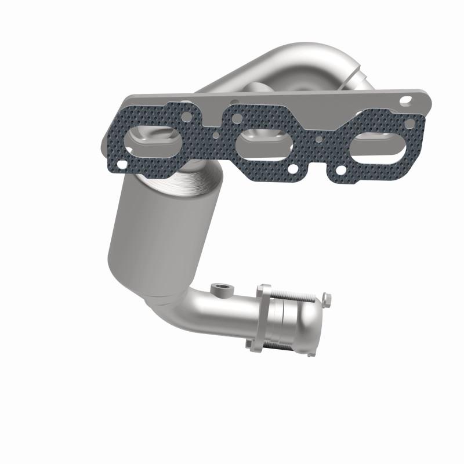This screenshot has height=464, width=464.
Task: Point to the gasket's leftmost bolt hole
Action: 121,165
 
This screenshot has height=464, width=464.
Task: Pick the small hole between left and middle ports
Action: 216,138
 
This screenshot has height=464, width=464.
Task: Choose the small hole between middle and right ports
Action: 318,139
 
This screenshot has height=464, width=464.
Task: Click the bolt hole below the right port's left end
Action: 341,171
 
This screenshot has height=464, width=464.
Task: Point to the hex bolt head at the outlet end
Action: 327,298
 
